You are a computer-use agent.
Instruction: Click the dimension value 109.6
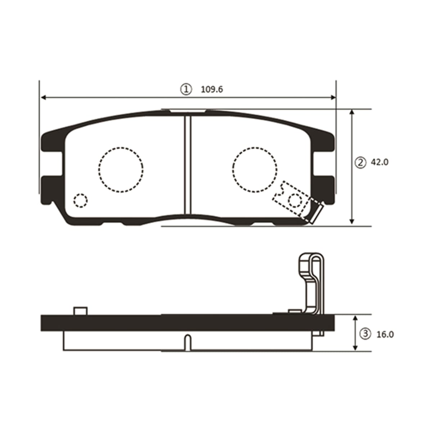(212, 90)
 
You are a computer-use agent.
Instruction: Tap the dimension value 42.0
(379, 162)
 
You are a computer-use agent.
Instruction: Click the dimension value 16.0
(385, 341)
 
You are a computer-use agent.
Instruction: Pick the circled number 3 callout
(365, 340)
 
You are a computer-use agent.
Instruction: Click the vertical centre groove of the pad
(188, 165)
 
